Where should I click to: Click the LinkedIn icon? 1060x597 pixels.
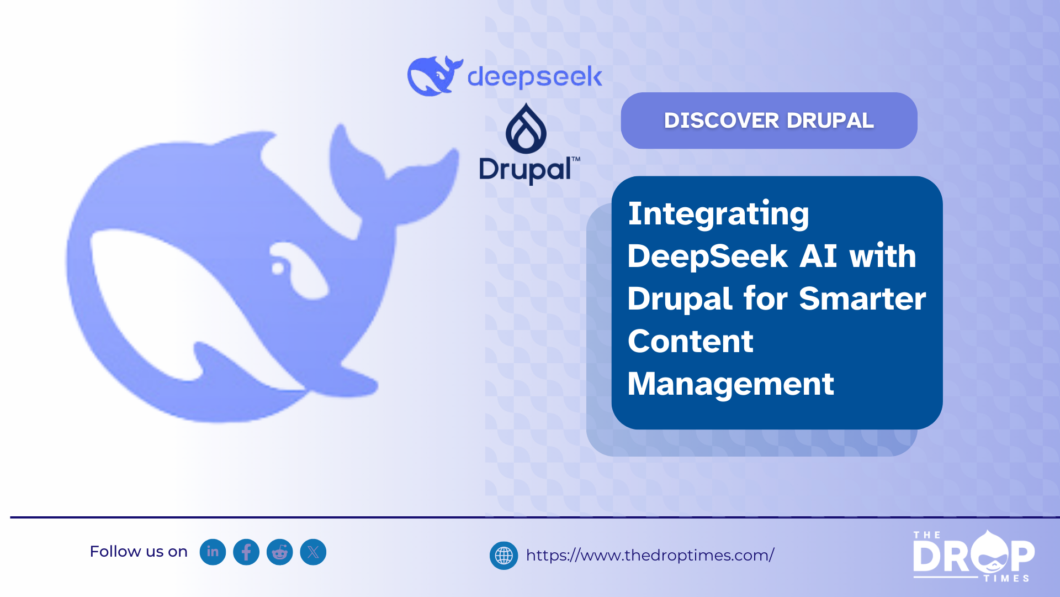coord(213,552)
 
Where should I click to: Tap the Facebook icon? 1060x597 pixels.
coord(246,552)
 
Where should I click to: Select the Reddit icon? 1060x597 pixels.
coord(280,552)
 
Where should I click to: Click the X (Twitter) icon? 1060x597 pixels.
coord(313,552)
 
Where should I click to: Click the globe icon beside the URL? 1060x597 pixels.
coord(504,556)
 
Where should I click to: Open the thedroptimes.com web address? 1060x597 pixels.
coord(650,555)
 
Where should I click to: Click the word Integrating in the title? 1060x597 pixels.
coord(718,214)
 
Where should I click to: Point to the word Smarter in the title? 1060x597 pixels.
coord(862,298)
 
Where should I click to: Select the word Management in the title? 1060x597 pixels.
coord(730,384)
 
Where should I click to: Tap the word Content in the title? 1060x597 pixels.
coord(691,341)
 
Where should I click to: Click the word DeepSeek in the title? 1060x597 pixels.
coord(707,256)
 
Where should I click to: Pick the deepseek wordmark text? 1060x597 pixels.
coord(534,77)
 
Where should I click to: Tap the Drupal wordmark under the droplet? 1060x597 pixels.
coord(529,170)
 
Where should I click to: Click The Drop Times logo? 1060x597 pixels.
coord(973,556)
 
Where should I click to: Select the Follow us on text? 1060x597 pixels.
coord(139,552)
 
